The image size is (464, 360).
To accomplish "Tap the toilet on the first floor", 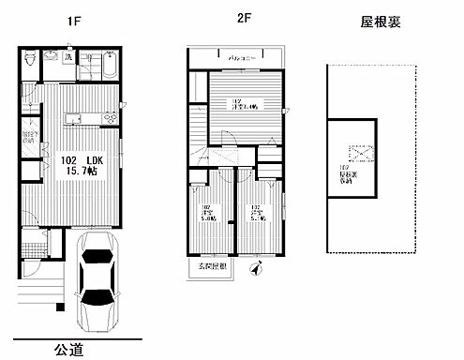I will tap(32, 60).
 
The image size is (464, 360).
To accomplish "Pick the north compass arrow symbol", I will tap(252, 271).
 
